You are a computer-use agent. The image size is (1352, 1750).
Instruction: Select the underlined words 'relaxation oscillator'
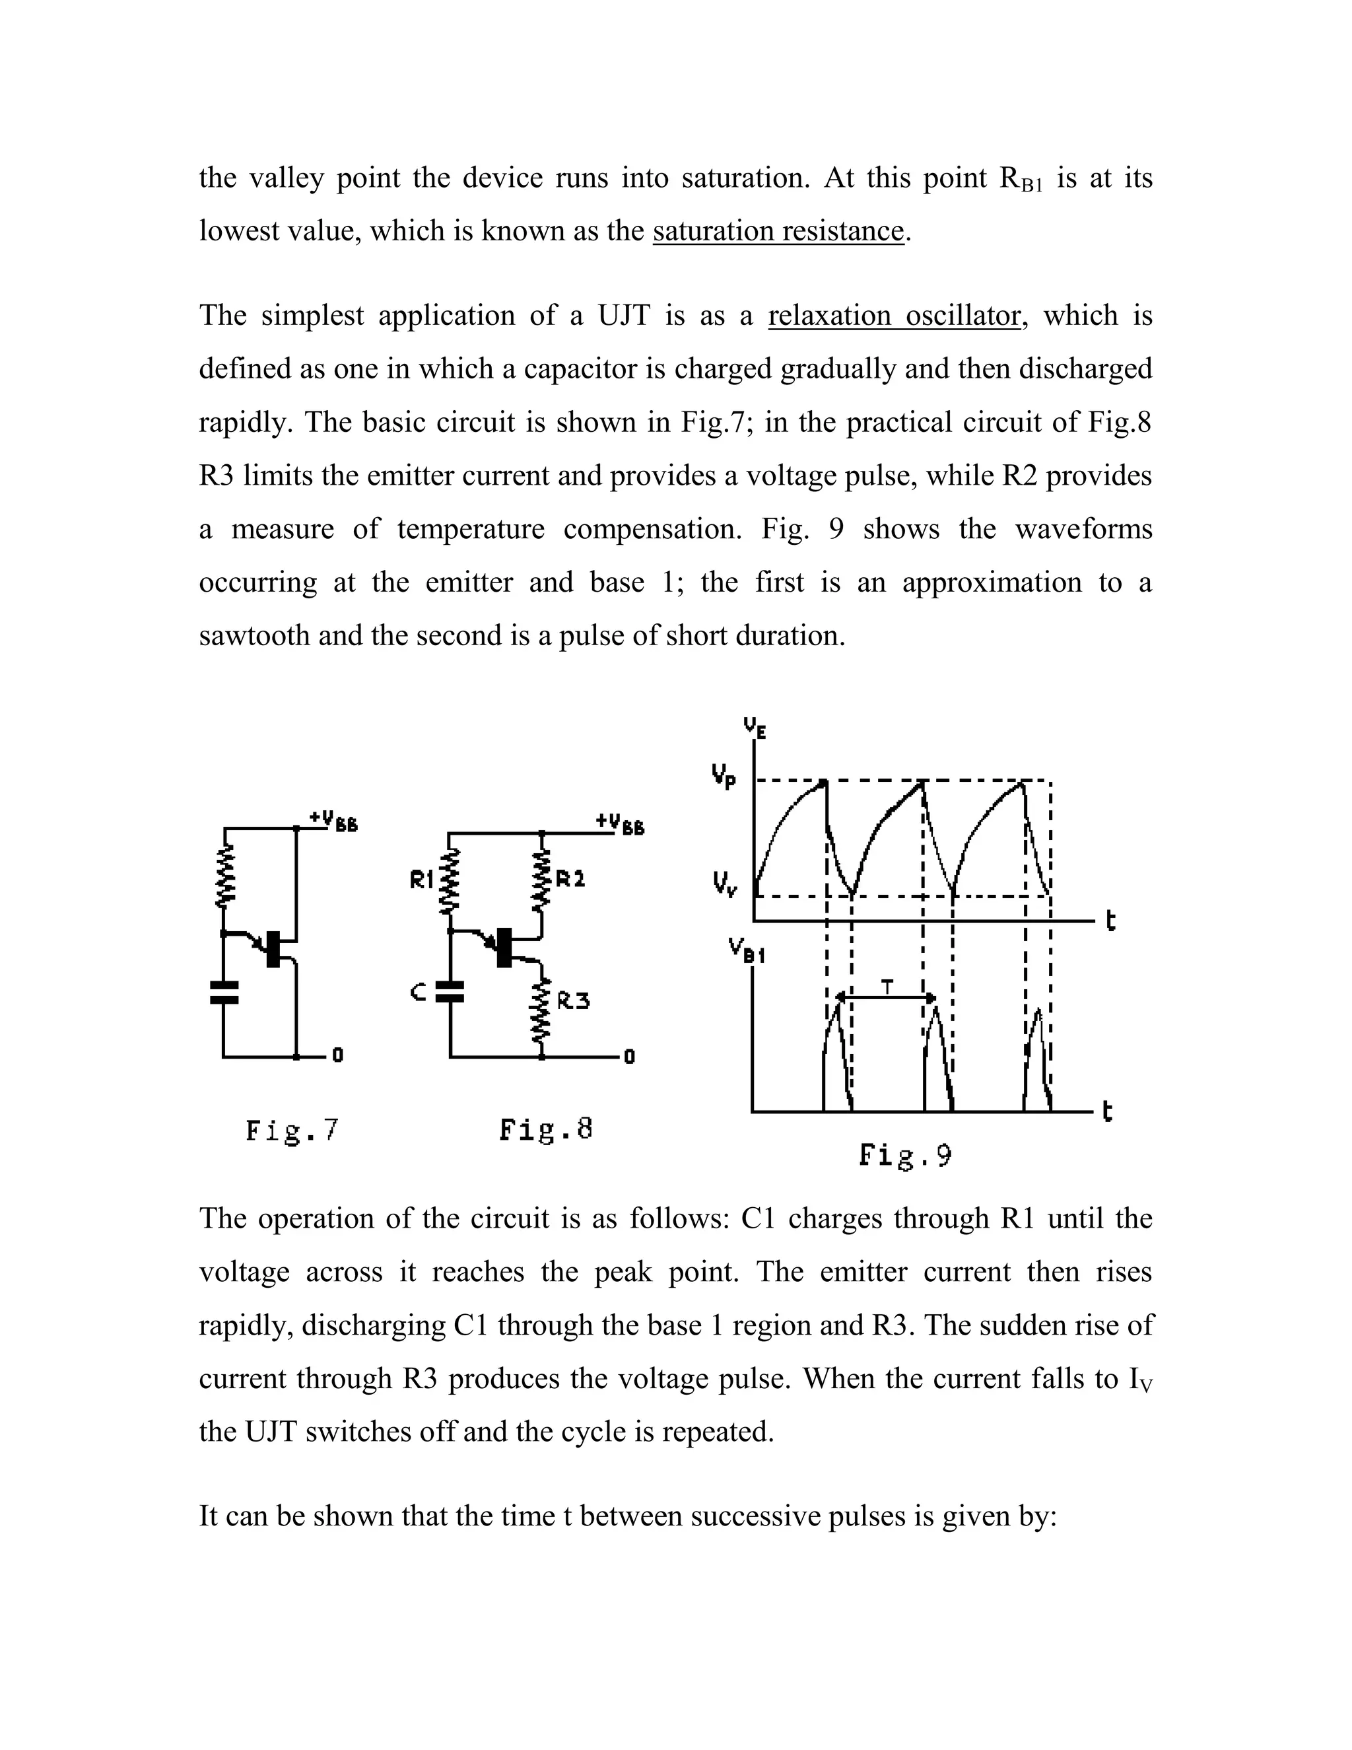[894, 316]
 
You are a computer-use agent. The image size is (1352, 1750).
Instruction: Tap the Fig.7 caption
[292, 1131]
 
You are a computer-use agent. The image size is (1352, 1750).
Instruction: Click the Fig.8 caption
[546, 1130]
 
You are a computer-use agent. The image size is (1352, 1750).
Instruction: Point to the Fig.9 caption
[905, 1156]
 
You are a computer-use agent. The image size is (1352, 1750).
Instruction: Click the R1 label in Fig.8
[421, 880]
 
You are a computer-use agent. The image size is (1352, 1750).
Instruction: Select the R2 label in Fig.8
[570, 879]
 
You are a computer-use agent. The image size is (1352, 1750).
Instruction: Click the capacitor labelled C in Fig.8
[450, 992]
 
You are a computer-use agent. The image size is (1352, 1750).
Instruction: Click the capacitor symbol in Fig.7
[224, 992]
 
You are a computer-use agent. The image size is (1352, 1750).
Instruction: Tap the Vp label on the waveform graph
[724, 777]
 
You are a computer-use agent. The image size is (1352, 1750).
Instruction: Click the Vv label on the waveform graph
[724, 886]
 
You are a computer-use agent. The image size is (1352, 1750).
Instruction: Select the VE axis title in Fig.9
[755, 728]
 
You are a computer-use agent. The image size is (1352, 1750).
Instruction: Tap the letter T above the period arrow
[887, 987]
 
